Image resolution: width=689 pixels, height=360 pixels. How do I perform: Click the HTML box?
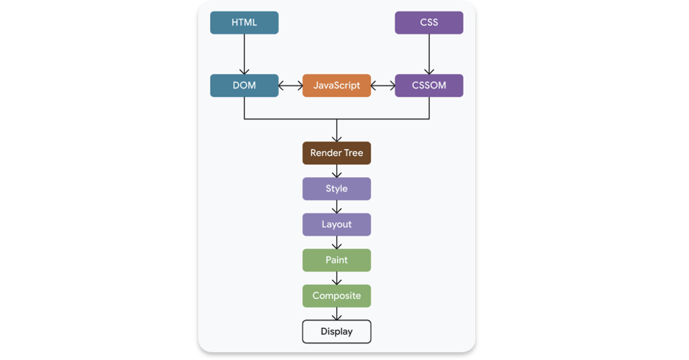click(x=244, y=22)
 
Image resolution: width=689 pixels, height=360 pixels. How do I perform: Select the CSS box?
click(x=429, y=22)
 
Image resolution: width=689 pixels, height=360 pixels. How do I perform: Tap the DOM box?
click(x=244, y=86)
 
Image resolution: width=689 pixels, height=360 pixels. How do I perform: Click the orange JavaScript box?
click(x=337, y=86)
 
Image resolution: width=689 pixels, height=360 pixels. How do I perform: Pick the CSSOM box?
click(x=429, y=86)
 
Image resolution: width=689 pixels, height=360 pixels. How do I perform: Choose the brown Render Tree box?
click(x=337, y=153)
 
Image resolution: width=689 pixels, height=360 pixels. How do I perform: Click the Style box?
click(x=337, y=188)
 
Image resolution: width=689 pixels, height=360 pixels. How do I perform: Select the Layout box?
click(x=337, y=224)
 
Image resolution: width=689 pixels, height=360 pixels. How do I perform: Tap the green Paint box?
click(x=337, y=260)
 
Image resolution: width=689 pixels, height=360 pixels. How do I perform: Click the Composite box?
click(x=337, y=295)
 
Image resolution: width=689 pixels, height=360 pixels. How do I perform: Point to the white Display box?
click(x=337, y=331)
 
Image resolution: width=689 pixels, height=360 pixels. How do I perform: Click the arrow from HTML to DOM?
click(x=244, y=54)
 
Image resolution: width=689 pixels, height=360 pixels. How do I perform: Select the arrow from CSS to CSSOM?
click(x=429, y=54)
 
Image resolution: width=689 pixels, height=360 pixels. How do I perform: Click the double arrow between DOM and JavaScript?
click(x=290, y=86)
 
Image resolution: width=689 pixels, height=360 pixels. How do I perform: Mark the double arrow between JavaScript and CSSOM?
click(x=382, y=86)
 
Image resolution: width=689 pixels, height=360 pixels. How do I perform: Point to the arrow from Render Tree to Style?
click(x=337, y=171)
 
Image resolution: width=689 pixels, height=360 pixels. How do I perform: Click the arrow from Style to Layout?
click(x=337, y=207)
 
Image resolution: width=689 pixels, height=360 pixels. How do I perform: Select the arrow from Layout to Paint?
click(x=337, y=243)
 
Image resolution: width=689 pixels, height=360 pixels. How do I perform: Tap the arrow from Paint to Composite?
click(x=337, y=278)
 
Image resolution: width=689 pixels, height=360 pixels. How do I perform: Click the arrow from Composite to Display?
click(x=337, y=314)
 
